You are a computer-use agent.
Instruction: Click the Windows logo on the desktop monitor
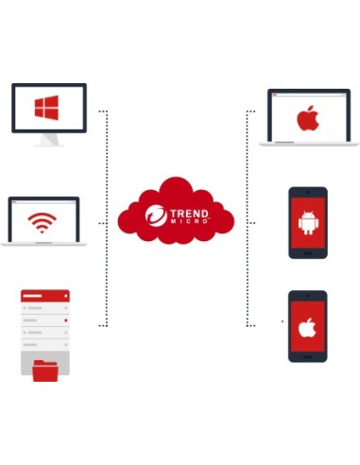click(x=47, y=107)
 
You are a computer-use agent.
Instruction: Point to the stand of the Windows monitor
click(x=48, y=140)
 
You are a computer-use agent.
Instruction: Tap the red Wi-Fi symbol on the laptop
click(x=41, y=223)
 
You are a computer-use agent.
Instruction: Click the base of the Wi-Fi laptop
click(x=44, y=244)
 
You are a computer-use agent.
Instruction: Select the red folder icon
click(x=45, y=369)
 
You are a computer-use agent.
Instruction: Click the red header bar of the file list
click(x=44, y=296)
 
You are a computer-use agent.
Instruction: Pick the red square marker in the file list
click(x=64, y=320)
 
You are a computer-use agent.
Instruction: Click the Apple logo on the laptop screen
click(x=307, y=119)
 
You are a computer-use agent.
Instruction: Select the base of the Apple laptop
click(x=309, y=144)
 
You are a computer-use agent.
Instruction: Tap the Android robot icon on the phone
click(x=307, y=224)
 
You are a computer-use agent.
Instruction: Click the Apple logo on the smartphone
click(x=307, y=328)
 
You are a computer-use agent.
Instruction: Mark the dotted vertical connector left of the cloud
click(x=107, y=217)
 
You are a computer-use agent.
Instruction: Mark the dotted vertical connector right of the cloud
click(x=248, y=217)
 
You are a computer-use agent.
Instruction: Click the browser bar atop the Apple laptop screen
click(x=309, y=95)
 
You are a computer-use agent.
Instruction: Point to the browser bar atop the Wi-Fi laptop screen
click(x=43, y=201)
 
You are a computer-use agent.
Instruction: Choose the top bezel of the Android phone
click(x=307, y=193)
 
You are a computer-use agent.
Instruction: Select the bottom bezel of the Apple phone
click(x=307, y=356)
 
